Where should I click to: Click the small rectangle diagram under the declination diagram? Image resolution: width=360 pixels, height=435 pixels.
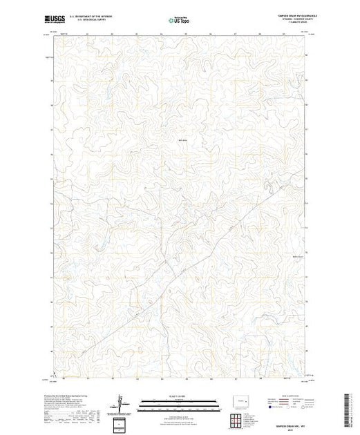coord(122,423)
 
